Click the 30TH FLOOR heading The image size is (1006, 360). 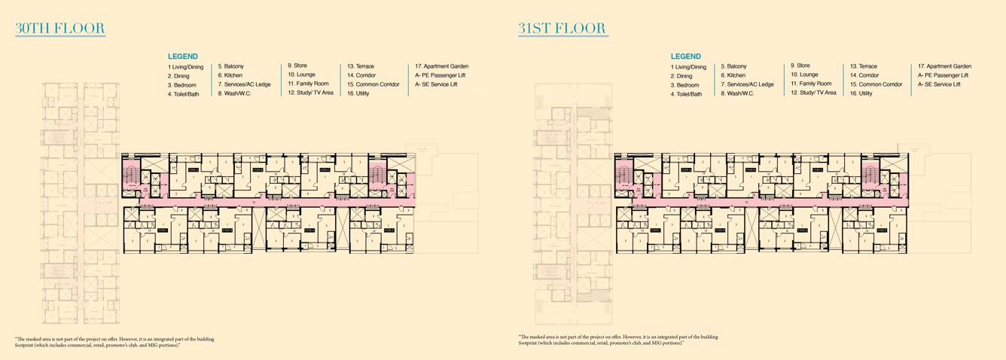point(59,29)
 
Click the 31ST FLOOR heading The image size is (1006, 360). point(562,29)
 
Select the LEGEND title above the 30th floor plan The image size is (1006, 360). point(183,56)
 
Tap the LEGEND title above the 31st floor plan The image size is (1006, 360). point(685,56)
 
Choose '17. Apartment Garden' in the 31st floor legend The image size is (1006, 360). point(945,66)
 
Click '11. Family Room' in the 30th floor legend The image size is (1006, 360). point(308,84)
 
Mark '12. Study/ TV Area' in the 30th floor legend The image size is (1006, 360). point(310,93)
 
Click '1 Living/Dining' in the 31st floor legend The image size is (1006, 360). point(688,67)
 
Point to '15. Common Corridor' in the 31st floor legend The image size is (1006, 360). point(876,84)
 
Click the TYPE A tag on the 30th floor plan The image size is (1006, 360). point(194,170)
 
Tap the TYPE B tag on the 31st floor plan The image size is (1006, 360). point(751,170)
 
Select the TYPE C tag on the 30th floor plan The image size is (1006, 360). point(325,170)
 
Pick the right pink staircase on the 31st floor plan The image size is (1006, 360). point(873,176)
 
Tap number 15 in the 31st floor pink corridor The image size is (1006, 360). point(747,202)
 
